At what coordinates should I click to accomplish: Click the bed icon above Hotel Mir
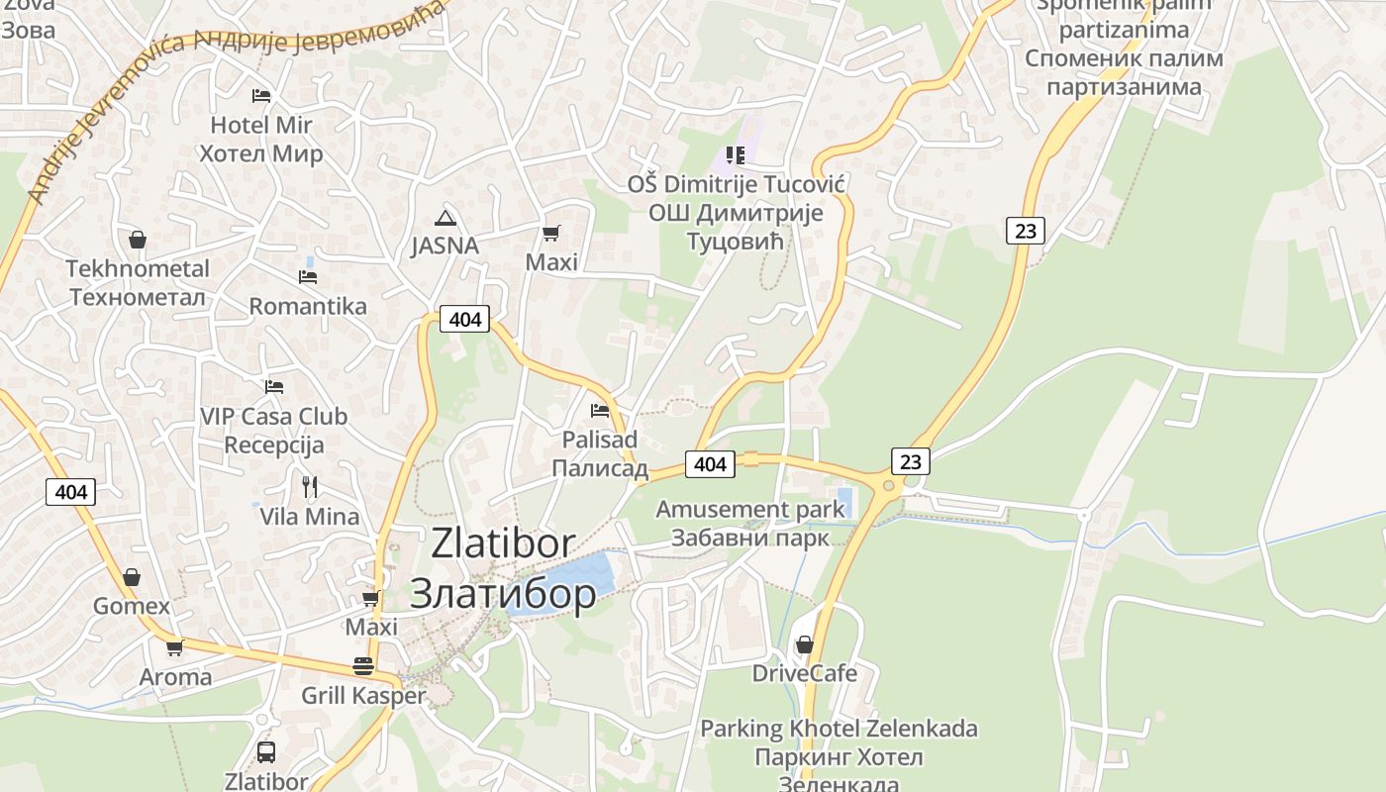261,96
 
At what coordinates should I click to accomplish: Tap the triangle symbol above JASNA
445,218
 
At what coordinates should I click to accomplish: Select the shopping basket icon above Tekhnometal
138,240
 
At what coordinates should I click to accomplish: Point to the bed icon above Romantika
308,276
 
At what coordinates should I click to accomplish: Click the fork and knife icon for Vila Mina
310,486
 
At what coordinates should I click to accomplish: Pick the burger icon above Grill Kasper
363,666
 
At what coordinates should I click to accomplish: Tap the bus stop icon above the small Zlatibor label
266,751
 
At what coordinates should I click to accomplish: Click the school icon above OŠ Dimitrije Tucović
735,154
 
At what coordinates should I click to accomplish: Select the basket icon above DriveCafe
805,644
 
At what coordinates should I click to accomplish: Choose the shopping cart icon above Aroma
175,648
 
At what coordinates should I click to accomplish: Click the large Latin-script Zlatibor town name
503,544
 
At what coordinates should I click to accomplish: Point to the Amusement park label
750,510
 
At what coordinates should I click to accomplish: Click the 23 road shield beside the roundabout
911,460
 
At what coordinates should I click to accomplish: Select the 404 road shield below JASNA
464,319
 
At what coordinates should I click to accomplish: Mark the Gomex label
132,605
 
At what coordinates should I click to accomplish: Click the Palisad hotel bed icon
599,410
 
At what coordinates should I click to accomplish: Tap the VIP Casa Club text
273,417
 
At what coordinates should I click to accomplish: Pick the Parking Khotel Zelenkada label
839,730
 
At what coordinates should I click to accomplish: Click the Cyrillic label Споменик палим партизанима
1123,72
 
